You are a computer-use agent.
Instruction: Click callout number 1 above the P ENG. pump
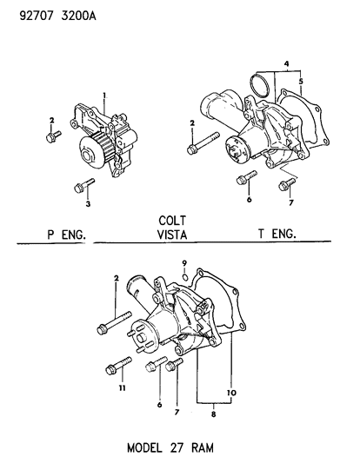[104, 96]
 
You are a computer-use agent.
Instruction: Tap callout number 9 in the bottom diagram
[184, 263]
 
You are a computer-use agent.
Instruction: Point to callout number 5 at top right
[301, 83]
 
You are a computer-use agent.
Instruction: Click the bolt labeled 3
[83, 184]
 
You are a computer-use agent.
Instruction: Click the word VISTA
[173, 234]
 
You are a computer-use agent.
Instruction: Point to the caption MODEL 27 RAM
[170, 448]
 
